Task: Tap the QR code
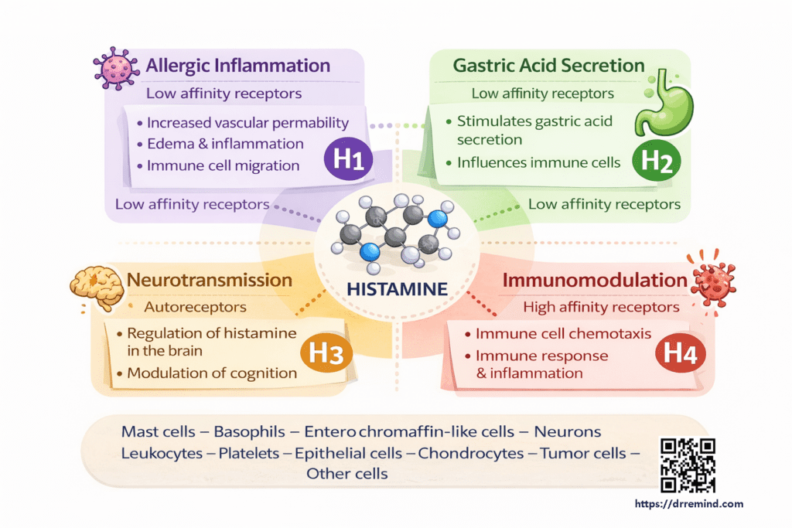pos(687,465)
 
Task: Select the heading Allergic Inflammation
pos(238,65)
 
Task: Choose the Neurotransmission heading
pos(210,280)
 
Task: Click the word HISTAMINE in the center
pos(398,290)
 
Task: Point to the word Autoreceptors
pos(196,307)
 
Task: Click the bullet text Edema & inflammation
pos(225,144)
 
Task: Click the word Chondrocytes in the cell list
pos(470,453)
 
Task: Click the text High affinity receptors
pos(601,307)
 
